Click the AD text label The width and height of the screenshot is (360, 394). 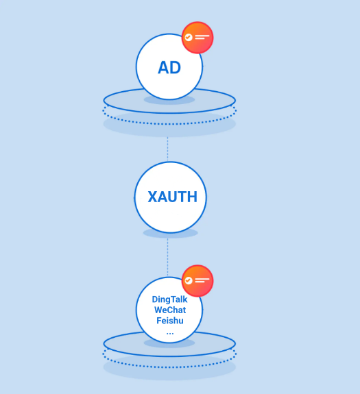coord(169,68)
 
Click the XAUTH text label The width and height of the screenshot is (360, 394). coord(173,197)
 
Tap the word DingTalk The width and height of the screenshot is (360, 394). coord(169,299)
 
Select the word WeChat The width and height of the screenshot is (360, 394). coord(170,310)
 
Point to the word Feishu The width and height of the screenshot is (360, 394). coord(170,321)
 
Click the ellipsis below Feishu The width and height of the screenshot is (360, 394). coord(170,334)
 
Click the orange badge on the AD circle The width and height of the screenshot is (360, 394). coord(197,38)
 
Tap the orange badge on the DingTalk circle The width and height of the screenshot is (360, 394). coord(197,281)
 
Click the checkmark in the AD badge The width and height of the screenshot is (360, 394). coord(189,38)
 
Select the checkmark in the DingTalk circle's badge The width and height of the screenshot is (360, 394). coord(189,281)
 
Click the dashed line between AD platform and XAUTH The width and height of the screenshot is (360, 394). coord(168,149)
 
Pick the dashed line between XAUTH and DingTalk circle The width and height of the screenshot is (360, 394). coord(168,258)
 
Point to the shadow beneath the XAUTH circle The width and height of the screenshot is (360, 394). coord(171,234)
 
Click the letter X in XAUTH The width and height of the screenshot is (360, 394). coord(153,197)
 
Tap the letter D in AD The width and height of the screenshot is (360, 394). coord(176,68)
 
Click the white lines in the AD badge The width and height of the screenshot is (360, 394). coord(202,37)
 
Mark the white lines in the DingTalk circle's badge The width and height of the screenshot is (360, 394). coord(202,280)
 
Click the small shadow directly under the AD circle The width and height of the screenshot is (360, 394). coord(169,100)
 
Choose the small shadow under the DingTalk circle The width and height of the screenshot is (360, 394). coord(169,343)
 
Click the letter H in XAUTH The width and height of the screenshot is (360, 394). coord(192,197)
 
